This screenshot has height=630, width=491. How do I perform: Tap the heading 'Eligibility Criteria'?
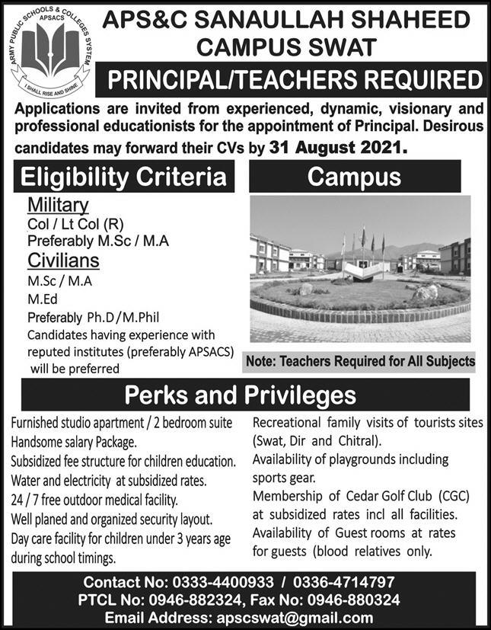click(124, 177)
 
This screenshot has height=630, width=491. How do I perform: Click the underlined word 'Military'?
click(59, 205)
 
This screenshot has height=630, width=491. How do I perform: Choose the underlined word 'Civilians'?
click(65, 261)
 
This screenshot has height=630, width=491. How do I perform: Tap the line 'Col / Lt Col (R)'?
click(70, 225)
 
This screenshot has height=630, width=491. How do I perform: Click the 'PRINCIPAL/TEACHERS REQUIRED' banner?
click(295, 80)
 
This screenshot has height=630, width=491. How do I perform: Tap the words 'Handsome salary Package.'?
click(74, 441)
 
